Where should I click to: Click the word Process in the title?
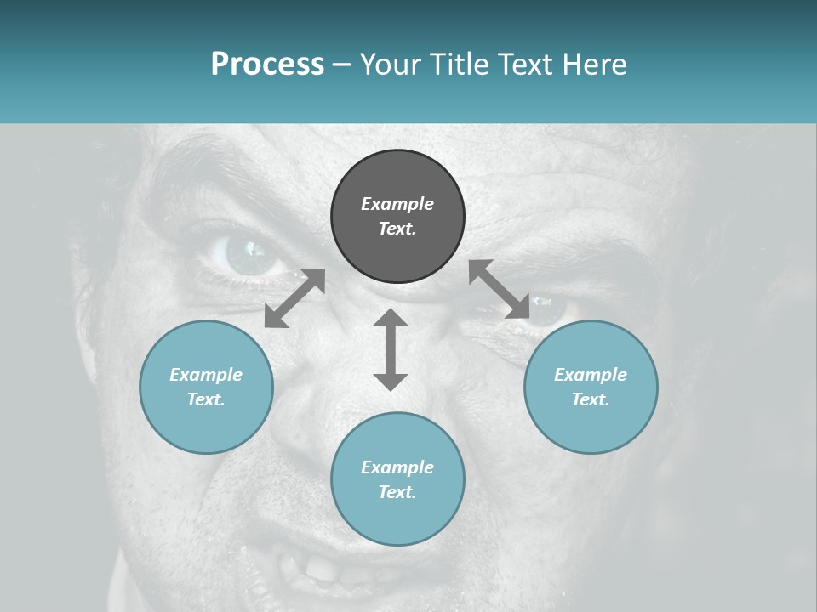click(267, 65)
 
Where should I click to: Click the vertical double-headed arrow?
click(391, 349)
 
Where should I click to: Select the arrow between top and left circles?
click(294, 297)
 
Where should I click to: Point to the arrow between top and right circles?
click(500, 289)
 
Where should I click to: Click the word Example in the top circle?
click(397, 204)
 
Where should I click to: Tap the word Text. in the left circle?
click(206, 399)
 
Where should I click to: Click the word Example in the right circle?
click(591, 375)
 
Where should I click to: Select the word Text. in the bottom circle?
click(397, 492)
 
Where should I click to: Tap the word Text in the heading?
click(524, 65)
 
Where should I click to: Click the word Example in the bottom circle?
click(397, 467)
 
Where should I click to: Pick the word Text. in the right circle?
click(591, 399)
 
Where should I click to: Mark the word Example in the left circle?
click(206, 375)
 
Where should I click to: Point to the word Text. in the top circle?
click(397, 229)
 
